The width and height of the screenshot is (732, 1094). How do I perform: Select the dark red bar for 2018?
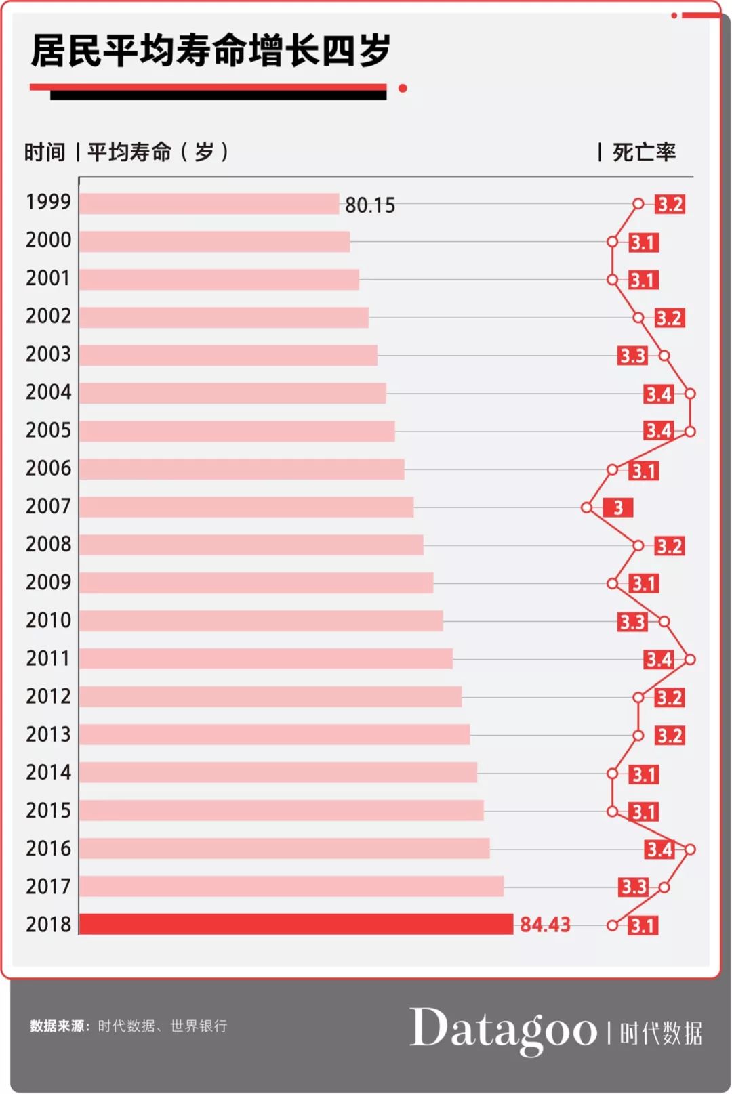tap(296, 924)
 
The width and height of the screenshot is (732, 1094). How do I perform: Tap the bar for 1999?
tap(209, 204)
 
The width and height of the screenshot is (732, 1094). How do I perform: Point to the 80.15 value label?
tap(370, 205)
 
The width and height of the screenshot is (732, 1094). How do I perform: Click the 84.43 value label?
tap(545, 925)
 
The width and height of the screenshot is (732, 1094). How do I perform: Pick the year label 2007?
tap(48, 506)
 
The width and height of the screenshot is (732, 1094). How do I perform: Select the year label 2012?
tap(48, 696)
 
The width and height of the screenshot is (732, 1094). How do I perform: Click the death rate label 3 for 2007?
tap(617, 507)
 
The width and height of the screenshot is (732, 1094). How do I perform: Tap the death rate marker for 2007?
tap(587, 507)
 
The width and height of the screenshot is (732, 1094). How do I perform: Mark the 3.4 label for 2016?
tap(659, 849)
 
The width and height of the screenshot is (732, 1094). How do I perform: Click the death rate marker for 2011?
tap(690, 659)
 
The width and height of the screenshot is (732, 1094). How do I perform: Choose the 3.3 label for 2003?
tap(632, 356)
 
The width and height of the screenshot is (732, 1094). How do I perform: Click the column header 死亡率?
tap(644, 152)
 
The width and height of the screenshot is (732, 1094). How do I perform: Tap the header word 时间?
tap(45, 152)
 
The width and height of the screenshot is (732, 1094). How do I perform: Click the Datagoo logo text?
tap(503, 1030)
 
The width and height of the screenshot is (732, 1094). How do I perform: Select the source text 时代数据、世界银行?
tap(163, 1026)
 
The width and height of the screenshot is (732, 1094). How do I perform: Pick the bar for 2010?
tap(261, 620)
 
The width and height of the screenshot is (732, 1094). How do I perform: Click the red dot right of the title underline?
tap(403, 88)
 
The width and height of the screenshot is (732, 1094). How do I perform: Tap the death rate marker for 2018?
tap(613, 925)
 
